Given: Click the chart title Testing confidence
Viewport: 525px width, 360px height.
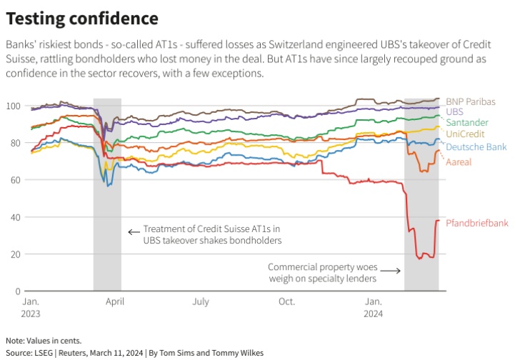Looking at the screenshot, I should click(82, 18).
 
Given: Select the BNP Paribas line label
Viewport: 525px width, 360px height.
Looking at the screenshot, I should click(470, 101).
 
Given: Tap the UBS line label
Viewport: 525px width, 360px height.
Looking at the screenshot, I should click(454, 112).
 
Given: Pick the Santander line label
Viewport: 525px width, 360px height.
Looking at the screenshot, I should click(467, 123).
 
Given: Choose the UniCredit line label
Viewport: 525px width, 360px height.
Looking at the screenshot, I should click(466, 134).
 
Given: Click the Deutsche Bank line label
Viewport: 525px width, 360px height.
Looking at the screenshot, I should click(476, 146).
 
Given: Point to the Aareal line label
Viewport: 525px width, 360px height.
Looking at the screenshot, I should click(459, 162).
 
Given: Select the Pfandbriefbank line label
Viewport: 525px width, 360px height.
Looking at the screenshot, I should click(476, 223).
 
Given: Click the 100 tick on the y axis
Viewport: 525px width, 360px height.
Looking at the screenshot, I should click(12, 106).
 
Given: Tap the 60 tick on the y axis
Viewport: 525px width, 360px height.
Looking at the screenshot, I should click(14, 180).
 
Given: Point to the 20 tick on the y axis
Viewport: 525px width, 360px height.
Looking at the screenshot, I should click(14, 254).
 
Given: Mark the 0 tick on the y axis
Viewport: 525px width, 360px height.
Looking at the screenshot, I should click(16, 291).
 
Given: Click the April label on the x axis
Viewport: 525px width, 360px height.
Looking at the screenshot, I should click(114, 302).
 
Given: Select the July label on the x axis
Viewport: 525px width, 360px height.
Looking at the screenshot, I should click(200, 302).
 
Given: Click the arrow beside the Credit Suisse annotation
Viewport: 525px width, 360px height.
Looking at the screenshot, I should click(133, 231).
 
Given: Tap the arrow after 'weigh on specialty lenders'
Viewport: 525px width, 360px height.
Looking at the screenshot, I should click(390, 270).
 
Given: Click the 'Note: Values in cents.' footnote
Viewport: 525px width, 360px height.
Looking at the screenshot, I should click(44, 340).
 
